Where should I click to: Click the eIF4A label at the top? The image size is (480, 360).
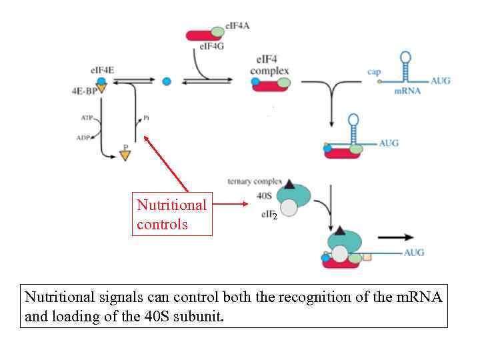(x=238, y=25)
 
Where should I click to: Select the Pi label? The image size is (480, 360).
(x=146, y=118)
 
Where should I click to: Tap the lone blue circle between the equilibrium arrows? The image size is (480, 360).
(x=167, y=81)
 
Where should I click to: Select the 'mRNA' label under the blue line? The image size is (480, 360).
(x=407, y=91)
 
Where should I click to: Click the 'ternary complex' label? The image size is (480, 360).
(x=255, y=181)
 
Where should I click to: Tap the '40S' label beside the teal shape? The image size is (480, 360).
(x=263, y=196)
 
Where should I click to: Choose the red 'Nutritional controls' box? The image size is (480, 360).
(x=172, y=214)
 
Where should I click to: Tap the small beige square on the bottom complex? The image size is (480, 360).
(x=367, y=257)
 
